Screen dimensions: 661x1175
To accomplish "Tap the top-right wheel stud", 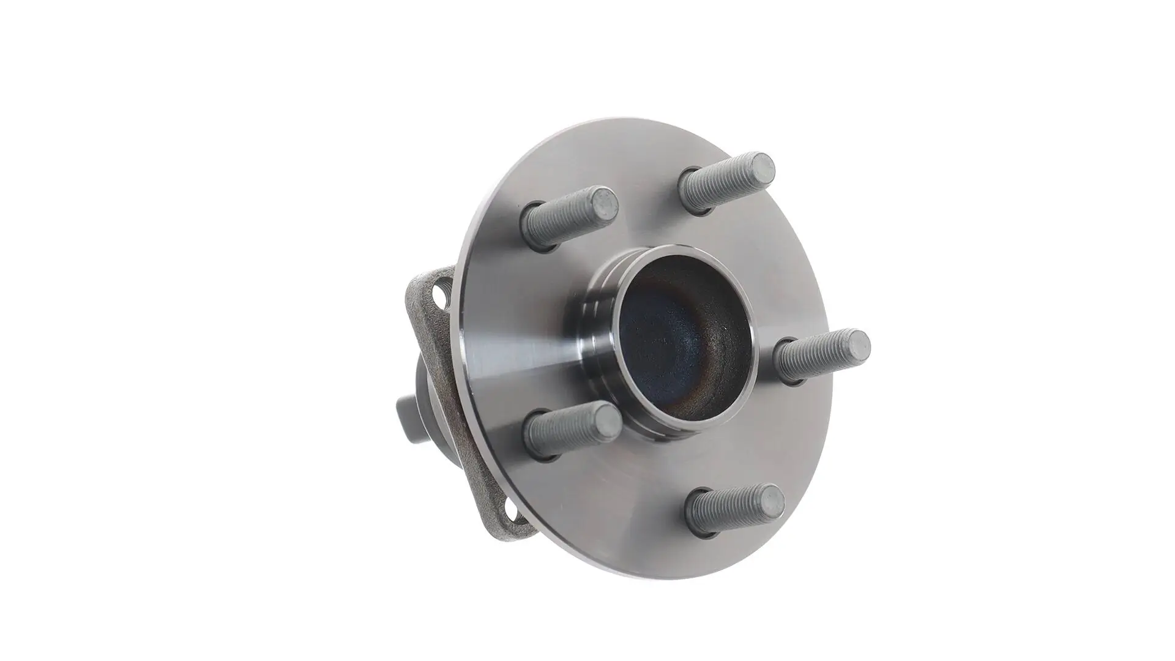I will click(x=725, y=182).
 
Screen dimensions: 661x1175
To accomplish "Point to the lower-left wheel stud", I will click(x=569, y=428).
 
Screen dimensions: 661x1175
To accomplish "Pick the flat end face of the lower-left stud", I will click(x=608, y=419).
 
